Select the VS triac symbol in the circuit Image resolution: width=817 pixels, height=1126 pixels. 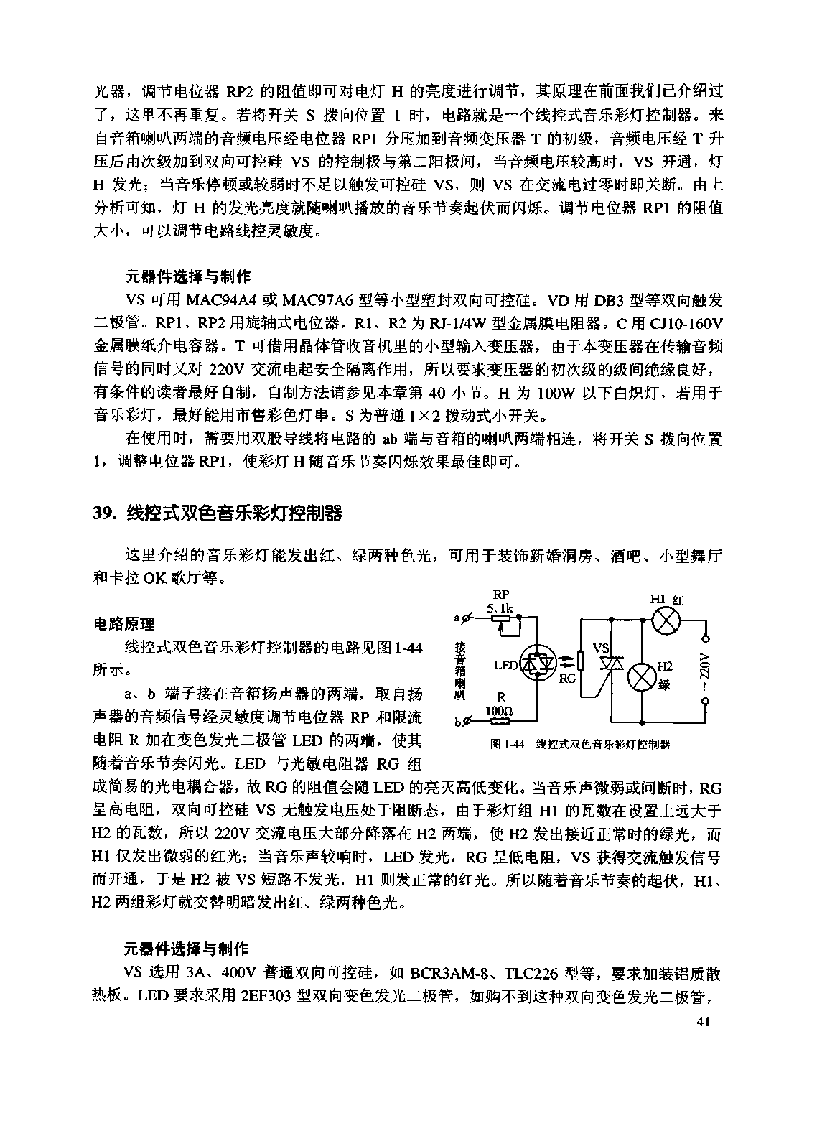611,664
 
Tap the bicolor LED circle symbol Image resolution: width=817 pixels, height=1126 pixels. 538,664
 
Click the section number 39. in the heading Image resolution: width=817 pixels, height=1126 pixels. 106,513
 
